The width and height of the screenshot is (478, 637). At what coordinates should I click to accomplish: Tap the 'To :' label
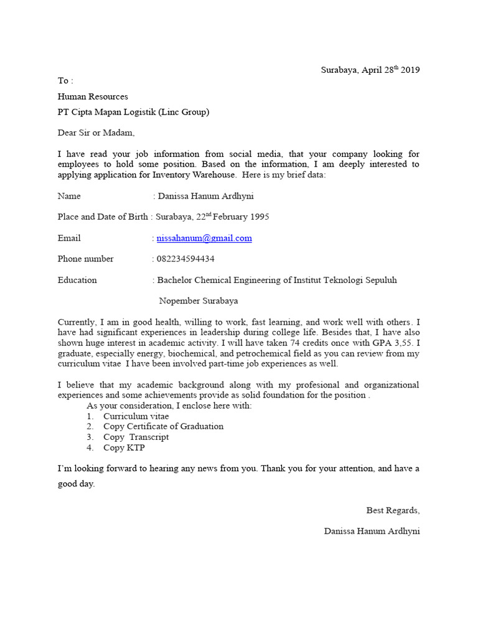[x=65, y=81]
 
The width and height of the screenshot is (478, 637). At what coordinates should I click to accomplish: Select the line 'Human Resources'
[x=93, y=96]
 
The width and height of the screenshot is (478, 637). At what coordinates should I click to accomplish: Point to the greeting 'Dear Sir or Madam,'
[x=96, y=133]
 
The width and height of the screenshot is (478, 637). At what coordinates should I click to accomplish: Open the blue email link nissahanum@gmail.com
[x=204, y=238]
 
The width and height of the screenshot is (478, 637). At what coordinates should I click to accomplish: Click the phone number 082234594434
[x=186, y=259]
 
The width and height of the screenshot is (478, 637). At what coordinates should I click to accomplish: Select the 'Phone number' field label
[x=86, y=259]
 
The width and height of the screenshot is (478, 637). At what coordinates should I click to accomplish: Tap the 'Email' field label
[x=69, y=238]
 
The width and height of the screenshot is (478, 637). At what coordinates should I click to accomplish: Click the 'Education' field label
[x=77, y=280]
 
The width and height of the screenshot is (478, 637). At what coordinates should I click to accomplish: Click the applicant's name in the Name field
[x=205, y=196]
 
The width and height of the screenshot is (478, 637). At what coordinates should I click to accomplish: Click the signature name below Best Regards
[x=372, y=531]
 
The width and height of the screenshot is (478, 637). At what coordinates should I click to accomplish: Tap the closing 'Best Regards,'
[x=393, y=510]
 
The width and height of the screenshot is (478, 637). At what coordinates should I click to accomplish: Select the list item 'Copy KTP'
[x=123, y=447]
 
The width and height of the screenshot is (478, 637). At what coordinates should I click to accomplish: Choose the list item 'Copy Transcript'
[x=136, y=437]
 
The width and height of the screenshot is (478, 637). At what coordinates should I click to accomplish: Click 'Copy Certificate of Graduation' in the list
[x=163, y=426]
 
